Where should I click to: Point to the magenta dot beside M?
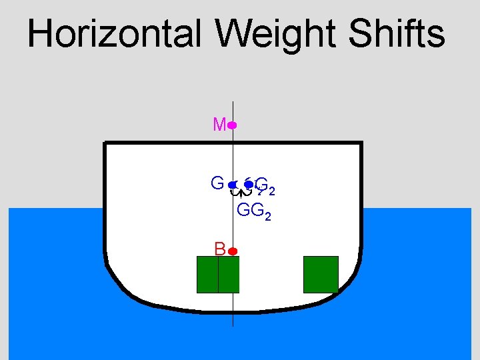click(233, 125)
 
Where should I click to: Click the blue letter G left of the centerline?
click(217, 183)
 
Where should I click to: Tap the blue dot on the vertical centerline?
click(232, 185)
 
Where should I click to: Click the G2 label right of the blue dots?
click(265, 186)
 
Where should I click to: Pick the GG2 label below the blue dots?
click(254, 211)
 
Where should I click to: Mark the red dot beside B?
click(233, 251)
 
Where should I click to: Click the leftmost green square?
click(207, 275)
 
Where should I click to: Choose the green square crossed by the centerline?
click(229, 275)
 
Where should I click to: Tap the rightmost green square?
click(321, 275)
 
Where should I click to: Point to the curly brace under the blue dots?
click(241, 194)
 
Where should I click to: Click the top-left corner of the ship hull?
click(105, 143)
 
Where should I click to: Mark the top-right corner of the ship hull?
click(362, 143)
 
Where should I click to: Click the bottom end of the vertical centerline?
click(233, 325)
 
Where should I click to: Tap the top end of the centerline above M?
click(233, 101)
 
